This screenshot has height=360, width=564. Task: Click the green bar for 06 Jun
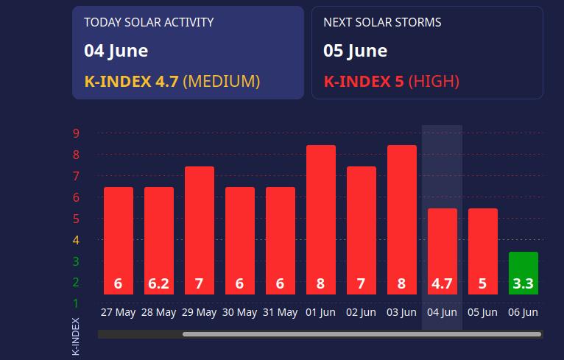(524, 273)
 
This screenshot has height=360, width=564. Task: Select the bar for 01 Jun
(321, 219)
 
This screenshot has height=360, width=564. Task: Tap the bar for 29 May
(200, 230)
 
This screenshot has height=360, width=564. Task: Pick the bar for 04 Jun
(443, 251)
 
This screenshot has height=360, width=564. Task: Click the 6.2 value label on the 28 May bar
(158, 283)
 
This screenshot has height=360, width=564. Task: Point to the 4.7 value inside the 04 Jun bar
(442, 283)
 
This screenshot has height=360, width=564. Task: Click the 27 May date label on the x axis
(119, 312)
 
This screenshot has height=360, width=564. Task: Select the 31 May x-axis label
(281, 312)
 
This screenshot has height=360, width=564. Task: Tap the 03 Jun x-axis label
(401, 312)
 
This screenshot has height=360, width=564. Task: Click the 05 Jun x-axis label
(482, 312)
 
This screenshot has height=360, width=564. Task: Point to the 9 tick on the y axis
(76, 133)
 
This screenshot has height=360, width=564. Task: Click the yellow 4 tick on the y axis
(76, 240)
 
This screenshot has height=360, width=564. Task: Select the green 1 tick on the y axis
(76, 303)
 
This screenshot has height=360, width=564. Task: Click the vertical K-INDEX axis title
(76, 336)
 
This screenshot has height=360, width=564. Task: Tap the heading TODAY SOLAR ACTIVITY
(149, 22)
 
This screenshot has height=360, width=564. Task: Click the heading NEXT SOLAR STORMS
(382, 22)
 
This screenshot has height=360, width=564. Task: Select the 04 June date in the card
(116, 51)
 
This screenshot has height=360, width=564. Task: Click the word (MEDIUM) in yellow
(222, 81)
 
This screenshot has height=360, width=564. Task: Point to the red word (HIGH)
(434, 81)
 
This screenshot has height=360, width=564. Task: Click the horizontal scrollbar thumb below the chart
(362, 334)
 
